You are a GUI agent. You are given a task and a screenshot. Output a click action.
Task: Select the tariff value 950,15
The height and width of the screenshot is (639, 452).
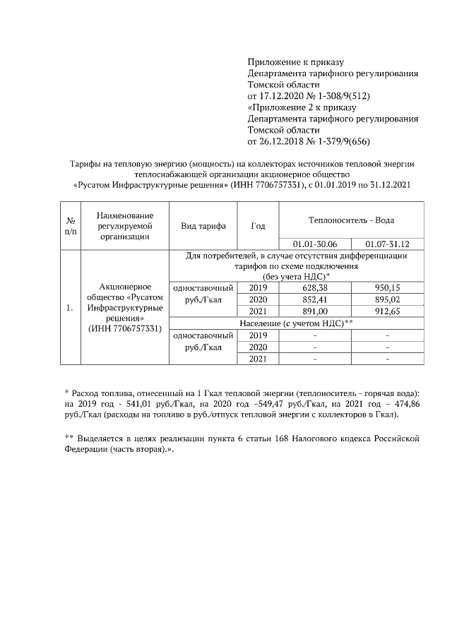click(x=388, y=288)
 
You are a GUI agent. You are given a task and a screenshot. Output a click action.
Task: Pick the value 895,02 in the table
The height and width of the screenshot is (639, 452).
click(x=388, y=299)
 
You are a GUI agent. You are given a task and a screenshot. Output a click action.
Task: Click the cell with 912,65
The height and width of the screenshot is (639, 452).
click(x=388, y=311)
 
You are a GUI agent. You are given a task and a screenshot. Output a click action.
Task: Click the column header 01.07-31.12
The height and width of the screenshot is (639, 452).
click(x=388, y=244)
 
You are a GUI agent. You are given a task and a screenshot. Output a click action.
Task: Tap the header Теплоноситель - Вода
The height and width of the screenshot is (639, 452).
click(x=351, y=220)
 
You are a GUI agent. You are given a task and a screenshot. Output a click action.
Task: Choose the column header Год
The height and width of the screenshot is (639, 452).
click(x=258, y=226)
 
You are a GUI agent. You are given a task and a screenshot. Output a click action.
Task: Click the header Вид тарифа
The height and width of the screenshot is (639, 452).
click(x=203, y=226)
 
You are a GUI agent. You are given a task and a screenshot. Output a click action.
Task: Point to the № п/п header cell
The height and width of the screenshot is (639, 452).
click(x=71, y=226)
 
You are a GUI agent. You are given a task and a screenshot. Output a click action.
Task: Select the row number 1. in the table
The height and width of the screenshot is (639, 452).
click(x=69, y=308)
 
